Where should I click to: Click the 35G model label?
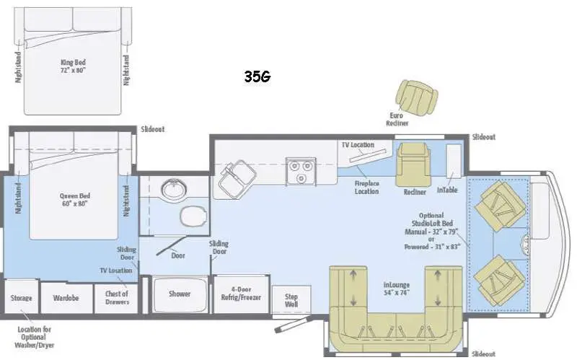pos(257,76)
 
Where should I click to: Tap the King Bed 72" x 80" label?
pos(73,66)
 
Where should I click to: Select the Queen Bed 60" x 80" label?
pos(75,200)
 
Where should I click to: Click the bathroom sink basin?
pos(174,189)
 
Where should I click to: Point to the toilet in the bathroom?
pos(193,216)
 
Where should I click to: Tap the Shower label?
pos(180,294)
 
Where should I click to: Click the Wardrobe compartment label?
pos(66,298)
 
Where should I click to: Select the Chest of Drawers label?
pos(117,297)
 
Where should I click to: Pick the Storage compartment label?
pos(21,298)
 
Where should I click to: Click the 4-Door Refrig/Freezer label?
pos(241,294)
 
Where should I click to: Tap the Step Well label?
pos(291,300)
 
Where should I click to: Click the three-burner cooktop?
pos(301,171)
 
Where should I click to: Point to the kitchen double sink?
pos(237,178)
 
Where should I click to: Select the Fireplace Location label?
pos(366,188)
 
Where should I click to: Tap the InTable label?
pos(447,190)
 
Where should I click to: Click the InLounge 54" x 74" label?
pos(396,289)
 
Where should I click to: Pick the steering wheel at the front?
pos(526,243)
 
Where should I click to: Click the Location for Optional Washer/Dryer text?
pos(34,337)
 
